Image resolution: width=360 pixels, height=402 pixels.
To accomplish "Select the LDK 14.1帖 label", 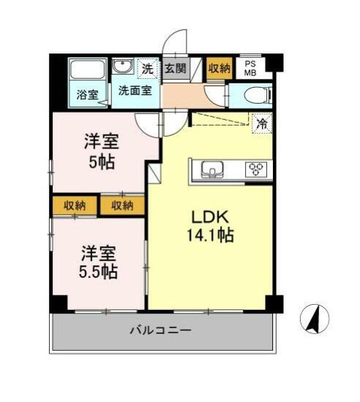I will (212, 227).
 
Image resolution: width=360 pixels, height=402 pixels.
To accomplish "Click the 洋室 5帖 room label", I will (102, 152).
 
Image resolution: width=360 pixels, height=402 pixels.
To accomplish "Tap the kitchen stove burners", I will (257, 170).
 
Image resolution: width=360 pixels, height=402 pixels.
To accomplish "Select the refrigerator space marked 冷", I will (260, 124).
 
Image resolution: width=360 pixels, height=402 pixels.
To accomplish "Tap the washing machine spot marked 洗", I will (148, 69).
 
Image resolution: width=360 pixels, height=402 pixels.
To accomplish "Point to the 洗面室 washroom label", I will (135, 91).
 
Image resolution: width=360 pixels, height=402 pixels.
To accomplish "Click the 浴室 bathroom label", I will (87, 94).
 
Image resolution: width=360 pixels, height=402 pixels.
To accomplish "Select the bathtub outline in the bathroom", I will (86, 72).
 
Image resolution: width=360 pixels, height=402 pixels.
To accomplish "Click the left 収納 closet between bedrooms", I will (74, 205).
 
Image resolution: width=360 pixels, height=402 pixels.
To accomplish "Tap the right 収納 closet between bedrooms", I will (122, 205).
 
